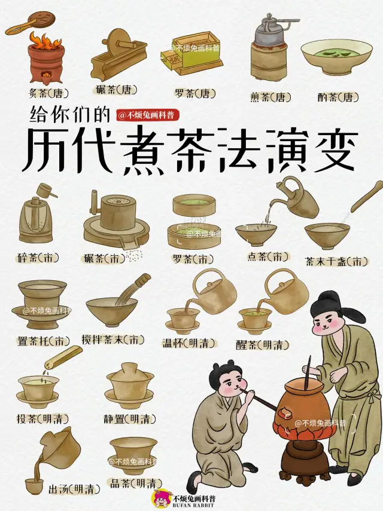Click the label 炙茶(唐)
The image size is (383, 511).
[48, 93]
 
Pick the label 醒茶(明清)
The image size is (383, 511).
[264, 345]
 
